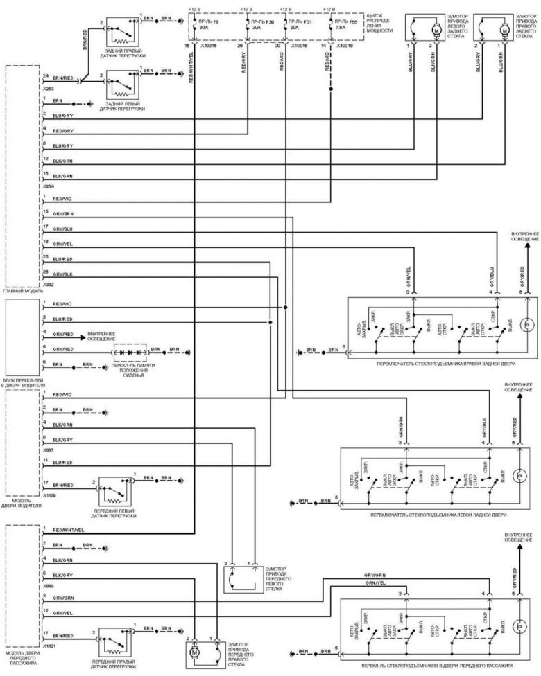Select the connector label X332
[x=48, y=284]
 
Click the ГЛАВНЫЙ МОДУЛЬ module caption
[x=23, y=292]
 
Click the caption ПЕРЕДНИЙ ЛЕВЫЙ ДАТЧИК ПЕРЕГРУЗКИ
[x=115, y=512]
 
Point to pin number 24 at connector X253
[x=45, y=75]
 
